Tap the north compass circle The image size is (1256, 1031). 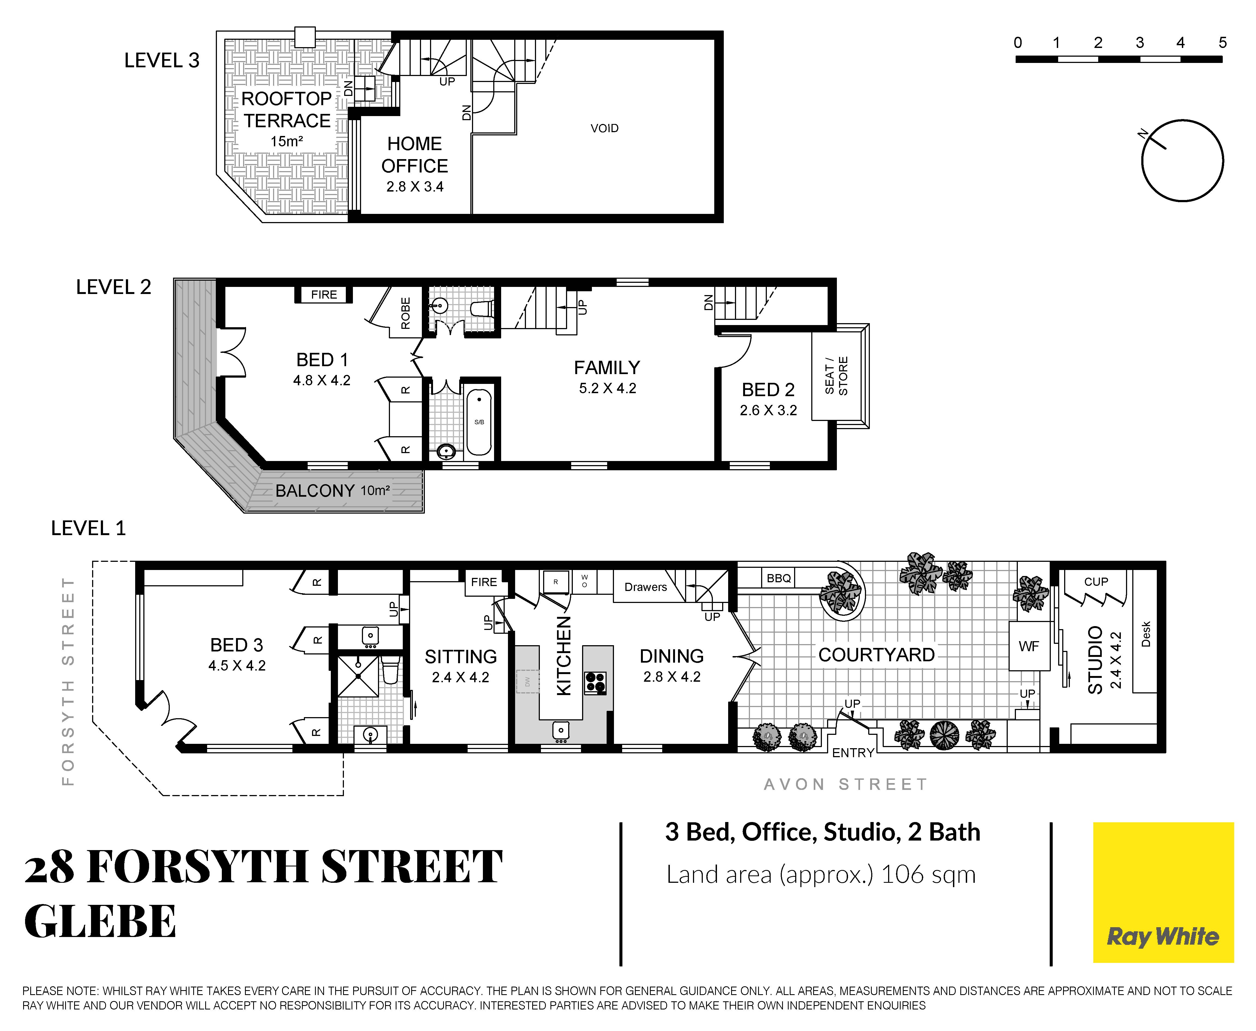pos(1182,120)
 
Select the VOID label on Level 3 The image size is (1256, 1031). pos(604,128)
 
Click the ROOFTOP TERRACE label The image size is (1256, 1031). pos(287,109)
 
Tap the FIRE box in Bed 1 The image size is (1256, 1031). pos(324,295)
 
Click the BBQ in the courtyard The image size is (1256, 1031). pos(779,578)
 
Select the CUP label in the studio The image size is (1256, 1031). pos(1096,581)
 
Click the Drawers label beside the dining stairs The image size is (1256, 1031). pos(646,587)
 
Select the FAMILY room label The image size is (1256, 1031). pos(607,368)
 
